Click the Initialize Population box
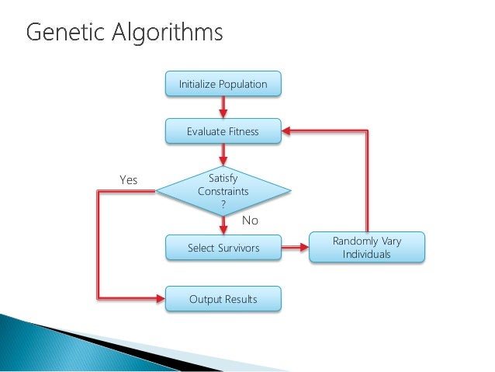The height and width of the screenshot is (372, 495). (223, 84)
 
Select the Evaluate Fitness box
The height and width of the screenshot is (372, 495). (223, 131)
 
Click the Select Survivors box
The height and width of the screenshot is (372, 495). (223, 249)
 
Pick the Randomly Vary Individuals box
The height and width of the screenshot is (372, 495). (367, 248)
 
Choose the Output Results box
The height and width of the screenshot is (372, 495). (223, 298)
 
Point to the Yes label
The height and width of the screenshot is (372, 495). (128, 180)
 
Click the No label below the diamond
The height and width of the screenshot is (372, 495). (249, 221)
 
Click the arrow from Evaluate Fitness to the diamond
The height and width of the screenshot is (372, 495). (223, 153)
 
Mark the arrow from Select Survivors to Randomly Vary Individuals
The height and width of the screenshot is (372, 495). (294, 249)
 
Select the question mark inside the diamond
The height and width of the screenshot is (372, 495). (223, 204)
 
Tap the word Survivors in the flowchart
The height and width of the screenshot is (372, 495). (239, 249)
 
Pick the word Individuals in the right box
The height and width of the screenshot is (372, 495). (367, 255)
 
